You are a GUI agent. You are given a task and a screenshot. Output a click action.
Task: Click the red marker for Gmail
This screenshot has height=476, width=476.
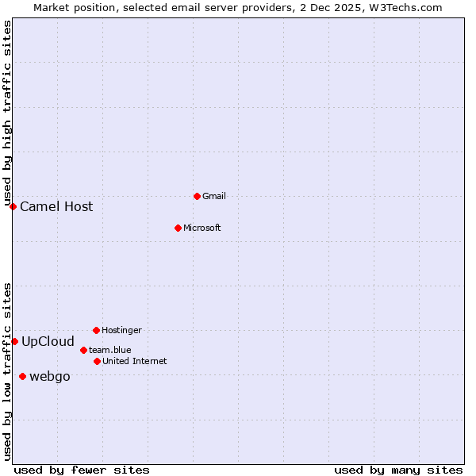(x=197, y=196)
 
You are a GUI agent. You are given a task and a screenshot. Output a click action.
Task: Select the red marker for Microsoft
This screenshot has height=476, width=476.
(x=178, y=228)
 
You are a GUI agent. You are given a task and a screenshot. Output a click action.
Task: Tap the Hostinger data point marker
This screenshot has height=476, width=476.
(x=96, y=330)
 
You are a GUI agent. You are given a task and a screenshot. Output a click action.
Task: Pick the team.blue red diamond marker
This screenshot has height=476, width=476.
(x=83, y=350)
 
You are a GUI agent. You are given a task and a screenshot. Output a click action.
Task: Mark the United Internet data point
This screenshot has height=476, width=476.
(x=97, y=361)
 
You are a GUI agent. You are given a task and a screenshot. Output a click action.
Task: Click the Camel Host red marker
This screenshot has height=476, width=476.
(x=13, y=206)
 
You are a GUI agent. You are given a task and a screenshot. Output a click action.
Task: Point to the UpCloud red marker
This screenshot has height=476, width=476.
(x=14, y=341)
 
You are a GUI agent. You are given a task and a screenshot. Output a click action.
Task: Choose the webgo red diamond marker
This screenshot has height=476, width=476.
(x=22, y=376)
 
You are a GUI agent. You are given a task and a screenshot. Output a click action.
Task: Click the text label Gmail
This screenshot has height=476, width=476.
(x=214, y=196)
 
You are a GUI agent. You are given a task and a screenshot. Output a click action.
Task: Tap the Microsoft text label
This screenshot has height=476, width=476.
(x=202, y=228)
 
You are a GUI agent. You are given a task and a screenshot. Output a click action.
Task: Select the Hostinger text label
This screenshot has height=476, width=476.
(x=121, y=330)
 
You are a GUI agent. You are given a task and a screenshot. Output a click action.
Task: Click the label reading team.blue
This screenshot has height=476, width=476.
(x=109, y=350)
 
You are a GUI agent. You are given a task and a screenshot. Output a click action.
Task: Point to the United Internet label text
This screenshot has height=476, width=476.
(x=134, y=361)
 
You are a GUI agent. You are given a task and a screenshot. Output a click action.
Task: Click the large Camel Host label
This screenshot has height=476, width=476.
(x=56, y=206)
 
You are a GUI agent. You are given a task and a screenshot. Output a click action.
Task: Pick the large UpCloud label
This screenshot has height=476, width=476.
(x=48, y=341)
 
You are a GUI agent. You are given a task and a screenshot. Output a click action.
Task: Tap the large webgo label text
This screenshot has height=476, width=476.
(x=49, y=376)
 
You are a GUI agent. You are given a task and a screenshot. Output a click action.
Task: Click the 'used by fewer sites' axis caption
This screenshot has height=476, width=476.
(x=82, y=470)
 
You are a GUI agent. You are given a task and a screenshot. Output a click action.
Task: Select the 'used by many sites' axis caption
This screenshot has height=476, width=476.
(x=398, y=470)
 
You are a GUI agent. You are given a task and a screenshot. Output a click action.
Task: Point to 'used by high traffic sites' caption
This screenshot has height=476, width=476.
(x=7, y=113)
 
